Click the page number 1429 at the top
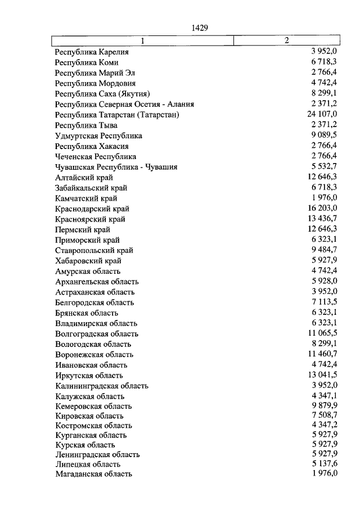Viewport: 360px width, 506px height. click(200, 27)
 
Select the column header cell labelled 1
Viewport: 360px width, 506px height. click(143, 40)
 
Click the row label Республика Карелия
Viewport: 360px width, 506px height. click(92, 52)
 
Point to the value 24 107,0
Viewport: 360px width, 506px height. click(321, 115)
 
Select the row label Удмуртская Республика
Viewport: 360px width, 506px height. click(98, 135)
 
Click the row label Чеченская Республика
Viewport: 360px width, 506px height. click(96, 156)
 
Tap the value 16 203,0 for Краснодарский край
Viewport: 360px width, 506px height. click(322, 209)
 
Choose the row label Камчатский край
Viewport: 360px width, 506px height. click(86, 198)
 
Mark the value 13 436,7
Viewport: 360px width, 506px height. click(322, 219)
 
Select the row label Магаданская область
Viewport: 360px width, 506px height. click(94, 474)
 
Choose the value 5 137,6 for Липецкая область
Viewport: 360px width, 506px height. click(324, 464)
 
